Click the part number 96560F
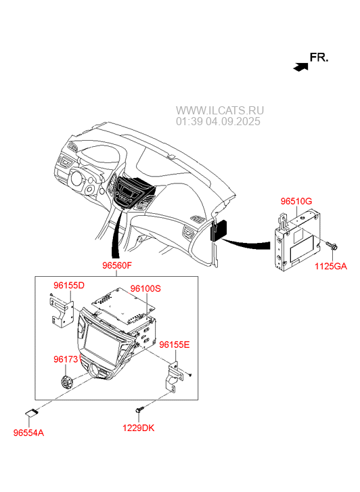click(117, 265)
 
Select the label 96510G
click(296, 201)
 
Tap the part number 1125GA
click(331, 267)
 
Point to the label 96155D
click(69, 286)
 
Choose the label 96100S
click(145, 288)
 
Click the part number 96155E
click(174, 345)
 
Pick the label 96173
click(65, 359)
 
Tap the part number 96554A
click(28, 433)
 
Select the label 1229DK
click(139, 428)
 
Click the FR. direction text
click(319, 58)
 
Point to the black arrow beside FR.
click(300, 67)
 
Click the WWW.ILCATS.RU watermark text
click(220, 110)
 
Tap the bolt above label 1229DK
click(139, 409)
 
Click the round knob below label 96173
click(66, 382)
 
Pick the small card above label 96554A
click(31, 413)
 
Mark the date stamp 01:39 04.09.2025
click(218, 121)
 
